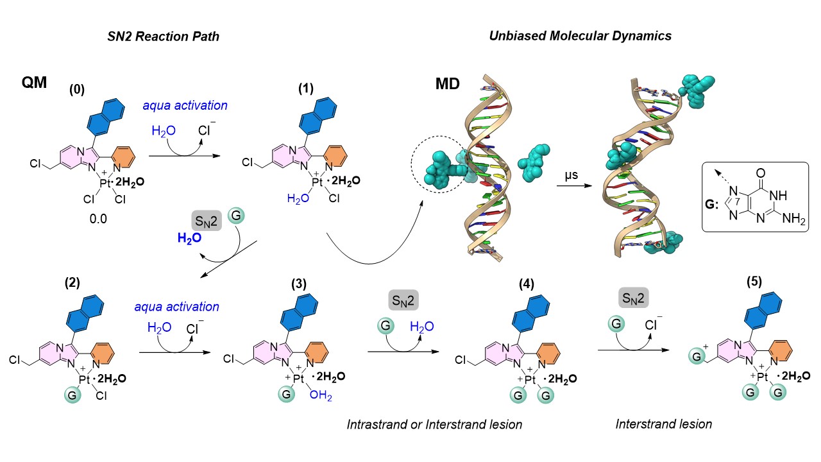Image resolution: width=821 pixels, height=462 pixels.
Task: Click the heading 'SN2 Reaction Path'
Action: (163, 37)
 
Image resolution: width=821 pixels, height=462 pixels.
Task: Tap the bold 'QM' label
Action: (35, 83)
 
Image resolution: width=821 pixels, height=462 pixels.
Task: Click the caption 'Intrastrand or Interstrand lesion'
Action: (434, 424)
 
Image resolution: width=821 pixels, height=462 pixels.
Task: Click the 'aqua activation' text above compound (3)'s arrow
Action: (177, 307)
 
